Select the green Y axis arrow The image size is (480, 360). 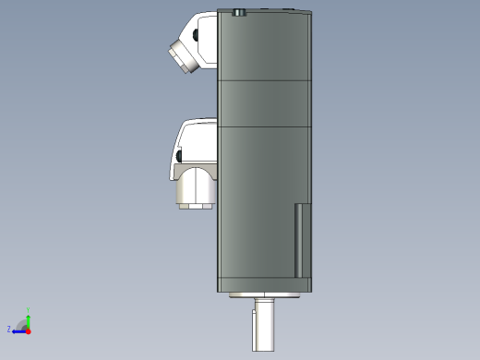pos(28,319)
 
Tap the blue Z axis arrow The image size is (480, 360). pos(18,330)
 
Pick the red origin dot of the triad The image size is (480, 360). pos(28,329)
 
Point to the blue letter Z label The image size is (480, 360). pos(9,329)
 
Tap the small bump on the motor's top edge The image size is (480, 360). pos(240,13)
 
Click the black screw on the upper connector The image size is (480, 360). pos(196,36)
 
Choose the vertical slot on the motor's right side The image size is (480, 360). pos(298,240)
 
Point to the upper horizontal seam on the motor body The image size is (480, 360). pos(266,81)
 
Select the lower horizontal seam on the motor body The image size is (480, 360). pos(266,124)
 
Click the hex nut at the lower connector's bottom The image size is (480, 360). pos(196,204)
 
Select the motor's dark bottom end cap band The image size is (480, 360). pos(266,284)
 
